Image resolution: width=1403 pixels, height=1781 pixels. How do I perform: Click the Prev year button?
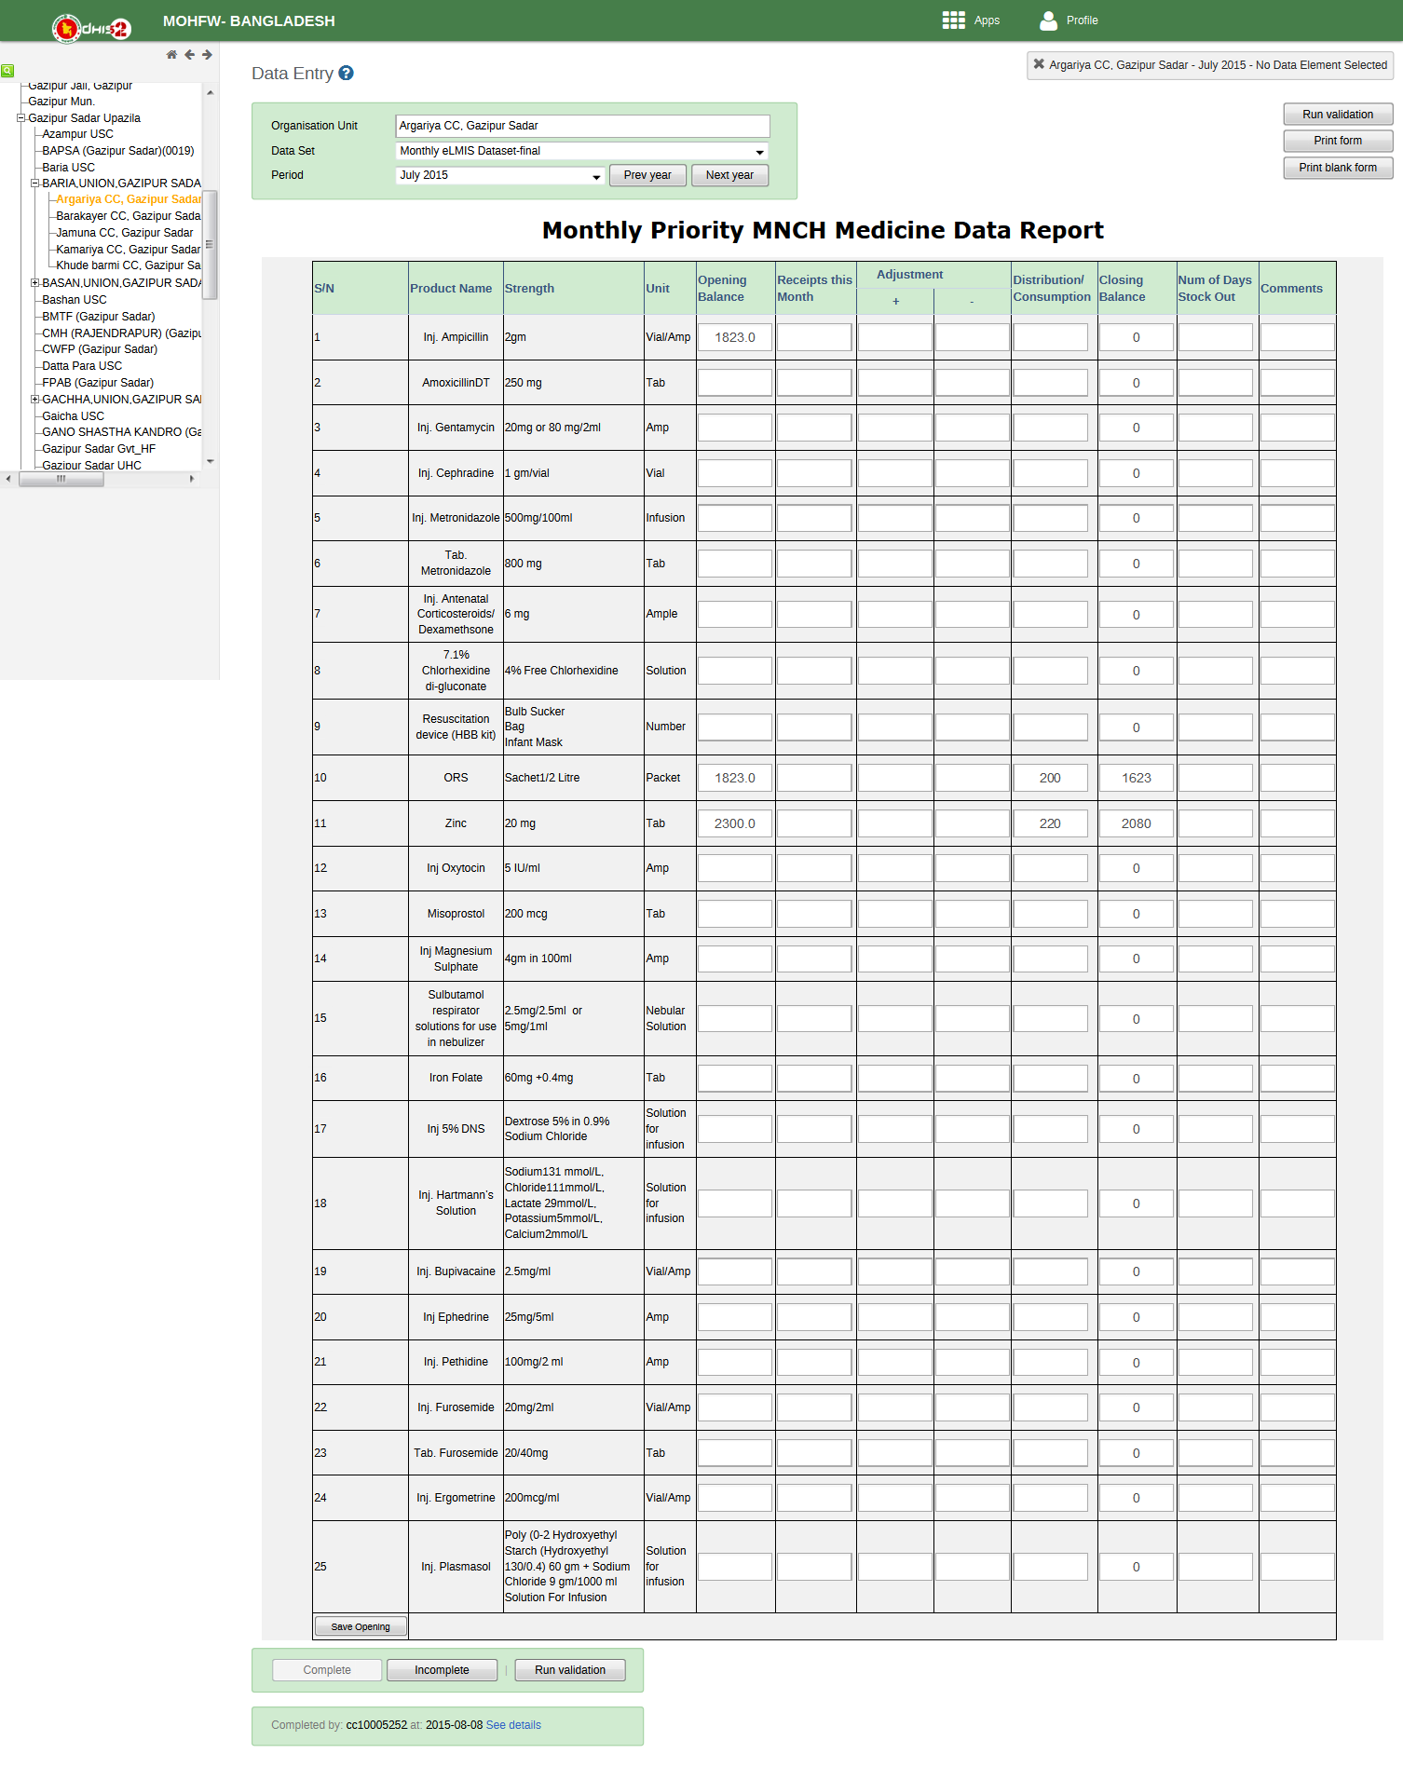647,175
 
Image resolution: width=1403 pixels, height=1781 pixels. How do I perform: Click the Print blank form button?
1337,168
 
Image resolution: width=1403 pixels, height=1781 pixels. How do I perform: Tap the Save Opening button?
361,1626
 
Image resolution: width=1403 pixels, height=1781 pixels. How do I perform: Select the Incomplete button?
442,1670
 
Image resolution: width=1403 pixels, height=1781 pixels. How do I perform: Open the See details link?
513,1725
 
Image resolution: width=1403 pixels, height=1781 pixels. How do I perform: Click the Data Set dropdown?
582,151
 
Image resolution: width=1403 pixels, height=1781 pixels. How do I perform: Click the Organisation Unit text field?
582,126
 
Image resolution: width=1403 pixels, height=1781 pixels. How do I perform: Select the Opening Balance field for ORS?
735,778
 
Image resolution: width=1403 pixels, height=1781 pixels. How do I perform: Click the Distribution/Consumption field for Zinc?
1050,823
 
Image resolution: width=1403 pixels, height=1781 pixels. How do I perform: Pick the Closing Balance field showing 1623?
1137,778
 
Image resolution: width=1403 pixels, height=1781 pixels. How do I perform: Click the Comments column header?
1291,289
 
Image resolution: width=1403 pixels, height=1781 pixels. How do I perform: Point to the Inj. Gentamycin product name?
456,428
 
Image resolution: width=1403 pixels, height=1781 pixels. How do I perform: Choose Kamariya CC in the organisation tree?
128,250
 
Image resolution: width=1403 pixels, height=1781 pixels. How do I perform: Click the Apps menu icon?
953,20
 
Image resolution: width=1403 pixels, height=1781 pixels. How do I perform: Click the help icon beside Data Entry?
346,74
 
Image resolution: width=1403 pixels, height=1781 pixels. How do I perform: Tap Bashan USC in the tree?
75,300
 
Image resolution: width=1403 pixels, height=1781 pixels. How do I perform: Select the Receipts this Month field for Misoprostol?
814,914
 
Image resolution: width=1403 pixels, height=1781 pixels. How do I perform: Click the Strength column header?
529,289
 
